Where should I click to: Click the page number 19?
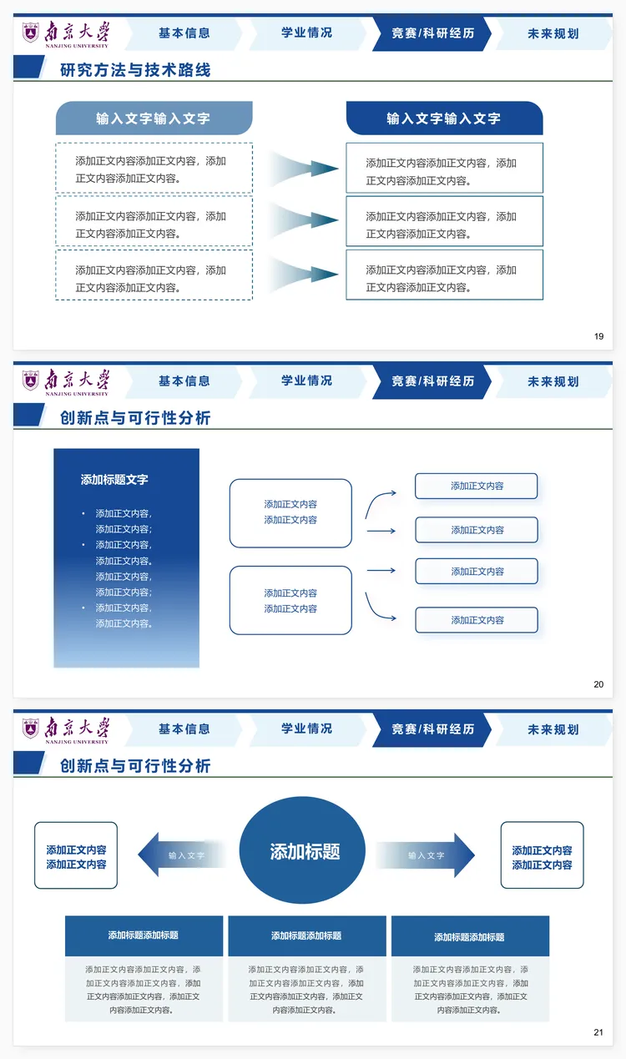598,336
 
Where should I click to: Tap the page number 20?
598,684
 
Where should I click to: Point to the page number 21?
598,1032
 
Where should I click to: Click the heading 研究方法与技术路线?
135,70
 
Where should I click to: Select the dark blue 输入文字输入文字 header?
444,119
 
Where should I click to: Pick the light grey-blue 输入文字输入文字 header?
154,119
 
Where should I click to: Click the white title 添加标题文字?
114,480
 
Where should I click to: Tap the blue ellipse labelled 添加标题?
303,851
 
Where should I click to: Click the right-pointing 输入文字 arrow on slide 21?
426,855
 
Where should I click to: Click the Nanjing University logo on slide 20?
65,381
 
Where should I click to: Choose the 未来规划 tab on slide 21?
553,729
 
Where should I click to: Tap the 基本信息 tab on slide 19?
184,33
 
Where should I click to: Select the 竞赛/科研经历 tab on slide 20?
432,381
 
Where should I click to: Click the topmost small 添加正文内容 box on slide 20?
477,486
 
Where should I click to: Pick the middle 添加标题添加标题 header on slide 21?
306,936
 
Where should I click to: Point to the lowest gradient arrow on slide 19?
304,275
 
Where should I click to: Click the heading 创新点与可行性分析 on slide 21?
135,766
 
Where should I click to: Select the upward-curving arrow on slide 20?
380,503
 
